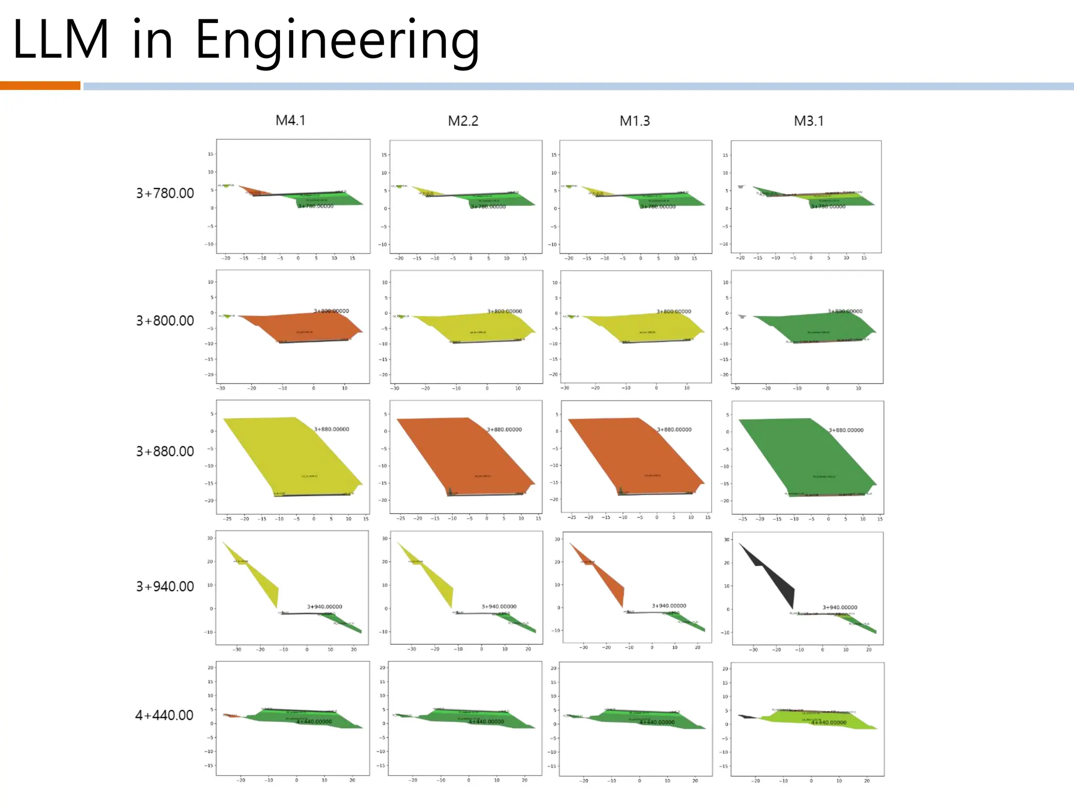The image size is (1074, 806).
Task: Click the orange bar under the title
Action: tap(40, 86)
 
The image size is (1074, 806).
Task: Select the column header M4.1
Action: tap(290, 121)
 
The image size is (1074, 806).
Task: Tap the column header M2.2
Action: tap(463, 121)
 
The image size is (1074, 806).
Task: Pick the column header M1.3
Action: tap(635, 121)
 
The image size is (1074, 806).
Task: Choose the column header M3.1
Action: tap(808, 121)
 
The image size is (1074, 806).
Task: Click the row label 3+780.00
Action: tap(165, 193)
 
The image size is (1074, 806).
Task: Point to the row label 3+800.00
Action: tap(165, 321)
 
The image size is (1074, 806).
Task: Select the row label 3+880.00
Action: tap(165, 451)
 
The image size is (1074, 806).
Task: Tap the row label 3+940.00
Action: tap(165, 586)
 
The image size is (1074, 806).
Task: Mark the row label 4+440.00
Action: tap(164, 715)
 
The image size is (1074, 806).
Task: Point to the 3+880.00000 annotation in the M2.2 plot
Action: tap(504, 429)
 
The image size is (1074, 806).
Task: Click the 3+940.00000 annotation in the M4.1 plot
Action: tap(325, 607)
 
